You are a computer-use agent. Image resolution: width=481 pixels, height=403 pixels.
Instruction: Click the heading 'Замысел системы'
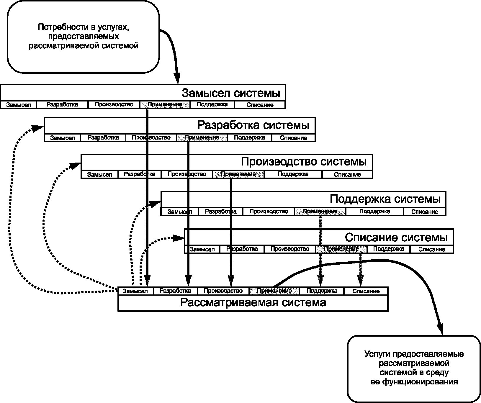[230, 93]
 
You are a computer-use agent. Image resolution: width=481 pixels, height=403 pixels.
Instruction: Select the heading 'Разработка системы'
[253, 125]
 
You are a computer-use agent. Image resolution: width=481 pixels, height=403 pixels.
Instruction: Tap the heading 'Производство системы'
[304, 162]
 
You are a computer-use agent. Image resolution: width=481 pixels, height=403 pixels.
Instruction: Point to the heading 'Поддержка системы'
[385, 199]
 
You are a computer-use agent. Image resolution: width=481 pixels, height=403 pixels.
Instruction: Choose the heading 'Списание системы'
[396, 237]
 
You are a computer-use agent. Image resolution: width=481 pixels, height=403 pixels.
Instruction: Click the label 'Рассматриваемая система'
[253, 303]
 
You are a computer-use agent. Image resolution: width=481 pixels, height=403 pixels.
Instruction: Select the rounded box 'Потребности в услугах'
[83, 37]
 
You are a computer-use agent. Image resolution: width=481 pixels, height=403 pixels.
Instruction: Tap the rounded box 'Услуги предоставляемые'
[414, 369]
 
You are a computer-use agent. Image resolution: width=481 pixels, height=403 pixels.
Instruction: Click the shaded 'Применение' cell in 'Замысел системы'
[165, 104]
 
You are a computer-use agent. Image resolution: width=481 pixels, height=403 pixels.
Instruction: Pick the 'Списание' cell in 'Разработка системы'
[293, 138]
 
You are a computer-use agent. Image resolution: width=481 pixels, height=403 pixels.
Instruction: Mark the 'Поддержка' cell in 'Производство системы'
[293, 174]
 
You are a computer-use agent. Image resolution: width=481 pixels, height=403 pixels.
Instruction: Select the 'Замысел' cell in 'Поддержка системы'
[180, 212]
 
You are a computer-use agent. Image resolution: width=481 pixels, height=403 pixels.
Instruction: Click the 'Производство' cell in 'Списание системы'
[290, 249]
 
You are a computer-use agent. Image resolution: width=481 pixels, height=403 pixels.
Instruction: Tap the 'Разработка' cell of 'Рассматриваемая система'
[175, 291]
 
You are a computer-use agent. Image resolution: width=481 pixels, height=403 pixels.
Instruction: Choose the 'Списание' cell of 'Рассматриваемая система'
[366, 291]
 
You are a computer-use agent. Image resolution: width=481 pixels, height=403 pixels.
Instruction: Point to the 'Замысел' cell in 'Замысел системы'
[18, 105]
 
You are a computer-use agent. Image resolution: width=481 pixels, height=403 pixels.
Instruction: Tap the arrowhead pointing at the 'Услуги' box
[440, 328]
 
